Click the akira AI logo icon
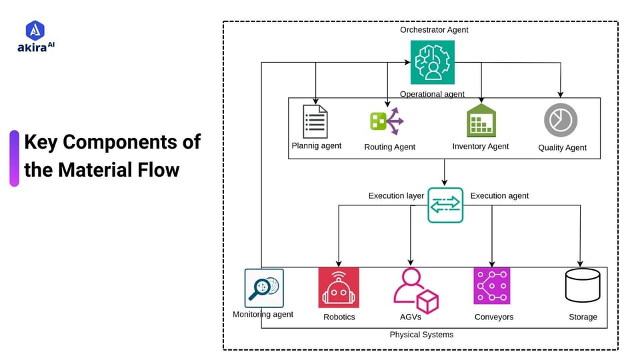pyautogui.click(x=35, y=30)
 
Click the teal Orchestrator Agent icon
pyautogui.click(x=432, y=62)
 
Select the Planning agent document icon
pyautogui.click(x=315, y=121)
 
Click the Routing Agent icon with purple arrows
pyautogui.click(x=387, y=121)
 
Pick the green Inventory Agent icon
pyautogui.click(x=481, y=121)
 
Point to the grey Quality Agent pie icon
pyautogui.click(x=561, y=121)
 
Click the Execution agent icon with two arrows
pyautogui.click(x=445, y=205)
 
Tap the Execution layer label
pyautogui.click(x=396, y=196)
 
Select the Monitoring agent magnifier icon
pyautogui.click(x=264, y=288)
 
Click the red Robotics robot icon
pyautogui.click(x=339, y=287)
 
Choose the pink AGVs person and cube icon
pyautogui.click(x=415, y=290)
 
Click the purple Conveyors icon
pyautogui.click(x=492, y=286)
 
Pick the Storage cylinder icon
pyautogui.click(x=583, y=286)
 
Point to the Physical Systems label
pyautogui.click(x=421, y=335)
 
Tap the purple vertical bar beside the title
pyautogui.click(x=14, y=158)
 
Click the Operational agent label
pyautogui.click(x=432, y=94)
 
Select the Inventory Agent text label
pyautogui.click(x=480, y=147)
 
